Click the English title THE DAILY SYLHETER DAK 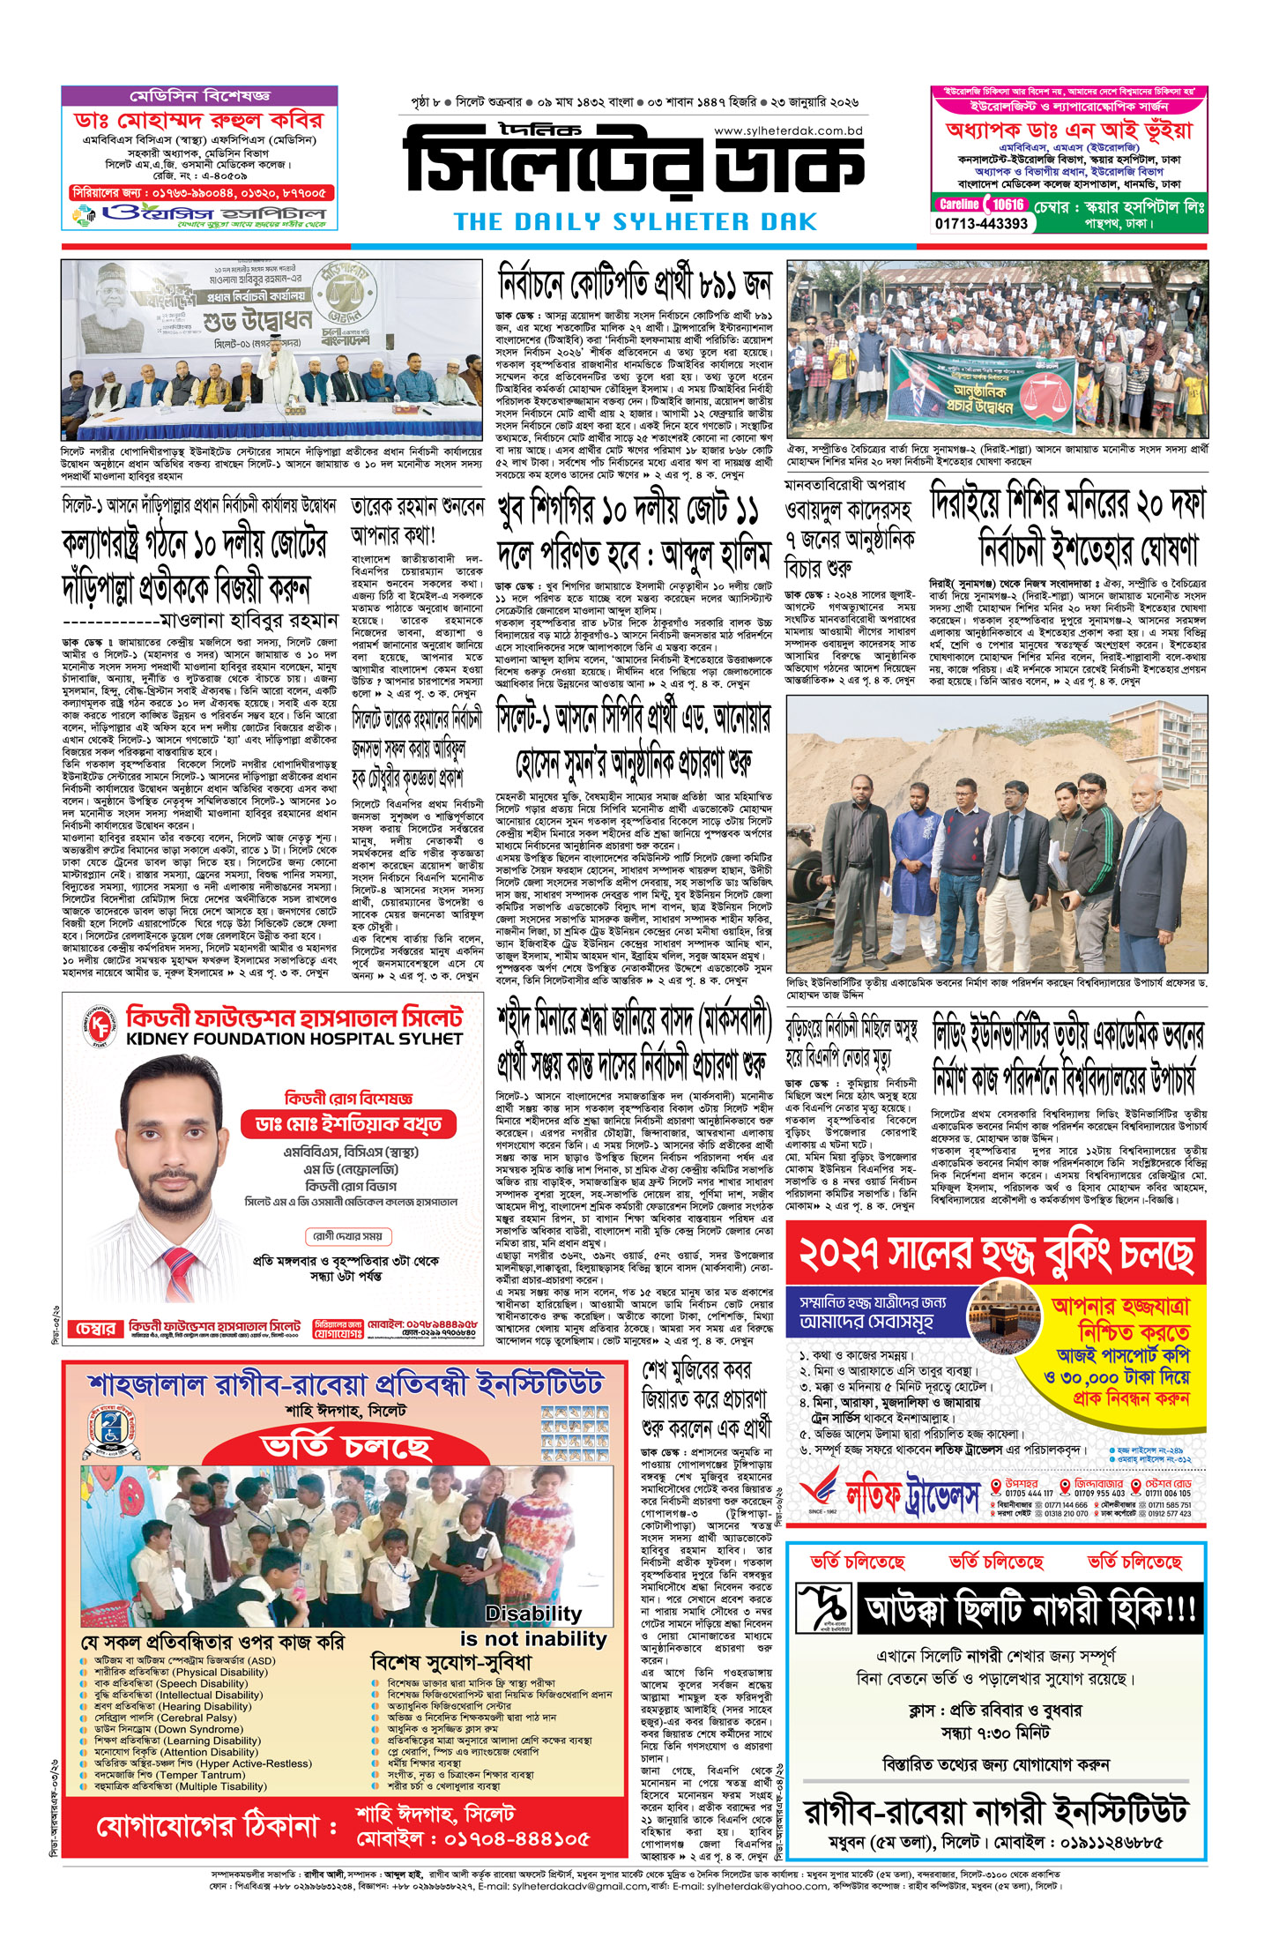coord(635,221)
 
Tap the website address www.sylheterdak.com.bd coord(787,130)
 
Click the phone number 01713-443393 coord(981,224)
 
